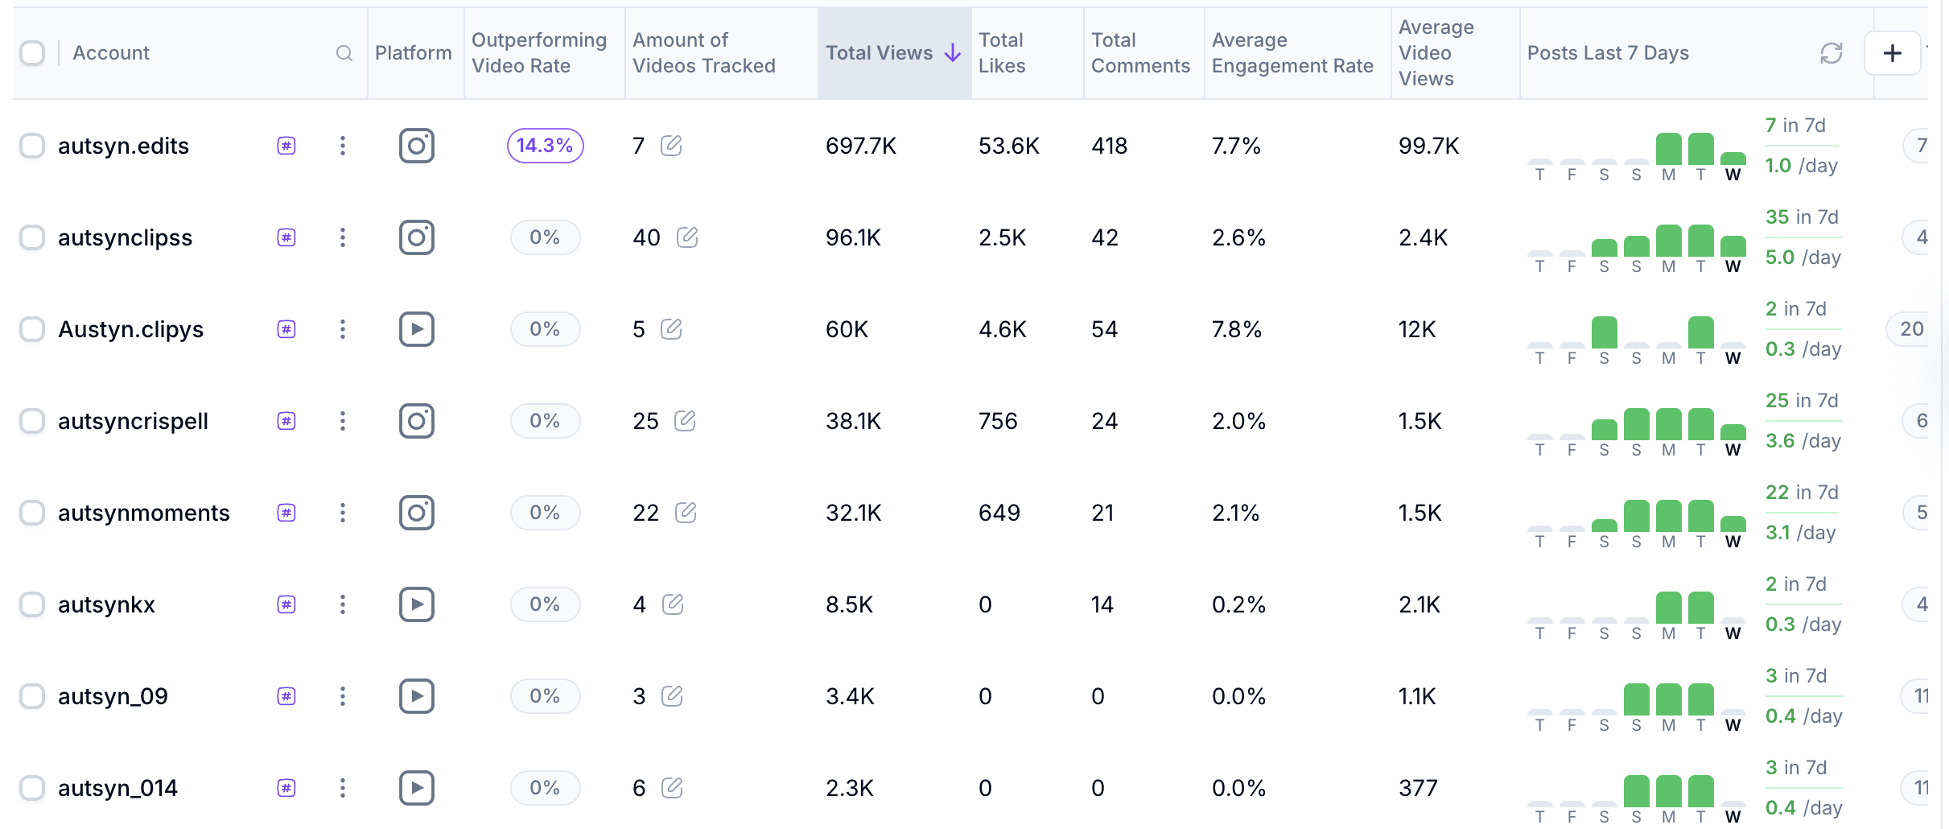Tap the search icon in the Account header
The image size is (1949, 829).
pos(344,53)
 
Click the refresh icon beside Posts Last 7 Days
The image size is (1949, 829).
pos(1832,53)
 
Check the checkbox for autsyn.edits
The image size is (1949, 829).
pos(32,146)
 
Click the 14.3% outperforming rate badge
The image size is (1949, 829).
pos(545,146)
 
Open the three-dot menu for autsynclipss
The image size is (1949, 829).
pos(343,237)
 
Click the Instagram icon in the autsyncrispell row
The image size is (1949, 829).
pos(417,421)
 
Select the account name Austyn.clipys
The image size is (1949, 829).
pos(130,329)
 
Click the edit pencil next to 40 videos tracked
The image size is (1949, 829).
pos(687,237)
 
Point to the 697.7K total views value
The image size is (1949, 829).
pos(860,146)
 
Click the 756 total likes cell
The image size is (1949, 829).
pos(998,421)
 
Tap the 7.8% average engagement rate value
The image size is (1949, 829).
pos(1236,329)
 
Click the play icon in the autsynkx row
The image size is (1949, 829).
pos(417,604)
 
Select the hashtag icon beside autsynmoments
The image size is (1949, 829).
pos(286,513)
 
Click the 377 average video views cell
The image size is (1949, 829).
pos(1418,788)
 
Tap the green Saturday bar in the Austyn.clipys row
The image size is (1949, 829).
pos(1604,332)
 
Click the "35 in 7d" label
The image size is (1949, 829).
pos(1802,217)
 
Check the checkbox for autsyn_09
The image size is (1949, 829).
pos(32,696)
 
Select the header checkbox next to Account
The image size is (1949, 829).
pos(32,53)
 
